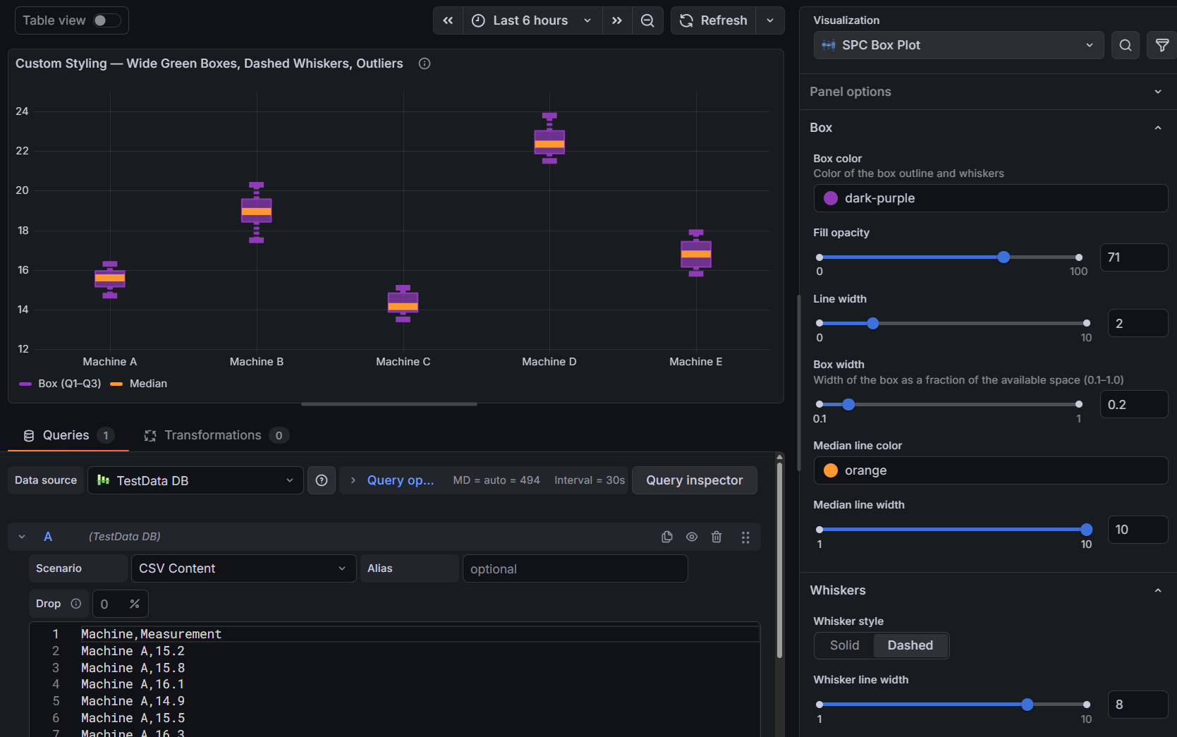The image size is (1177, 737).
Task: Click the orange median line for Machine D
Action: (549, 144)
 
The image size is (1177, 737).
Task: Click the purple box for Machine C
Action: (403, 298)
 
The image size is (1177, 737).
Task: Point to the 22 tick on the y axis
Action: (23, 151)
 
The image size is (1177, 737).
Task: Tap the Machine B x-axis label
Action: (256, 362)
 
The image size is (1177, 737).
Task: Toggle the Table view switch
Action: (106, 20)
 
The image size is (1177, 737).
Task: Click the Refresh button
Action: (714, 20)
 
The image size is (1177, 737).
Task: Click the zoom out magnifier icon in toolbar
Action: (647, 20)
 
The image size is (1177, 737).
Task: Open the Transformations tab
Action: (212, 435)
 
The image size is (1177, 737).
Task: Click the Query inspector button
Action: (694, 480)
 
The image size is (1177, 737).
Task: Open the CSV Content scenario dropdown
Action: (242, 568)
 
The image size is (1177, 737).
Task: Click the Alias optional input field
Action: (574, 568)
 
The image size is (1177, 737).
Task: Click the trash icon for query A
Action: (716, 537)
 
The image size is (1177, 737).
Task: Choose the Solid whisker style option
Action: (844, 645)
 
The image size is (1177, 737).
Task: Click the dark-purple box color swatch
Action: (831, 198)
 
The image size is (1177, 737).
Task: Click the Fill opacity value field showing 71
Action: (1133, 257)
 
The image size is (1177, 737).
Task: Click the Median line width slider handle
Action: (1086, 530)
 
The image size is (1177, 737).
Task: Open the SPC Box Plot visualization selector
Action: (958, 45)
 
